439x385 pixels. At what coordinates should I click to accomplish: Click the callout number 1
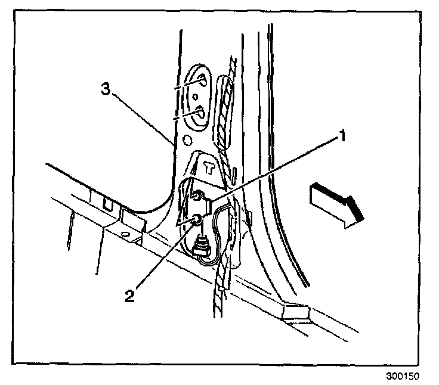click(x=342, y=136)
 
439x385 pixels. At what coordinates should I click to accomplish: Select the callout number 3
click(x=104, y=89)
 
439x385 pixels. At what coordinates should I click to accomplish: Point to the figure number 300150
click(x=403, y=377)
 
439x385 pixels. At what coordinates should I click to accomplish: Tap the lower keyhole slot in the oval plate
click(x=200, y=110)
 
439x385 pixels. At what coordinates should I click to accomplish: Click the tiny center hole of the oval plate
click(x=194, y=95)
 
